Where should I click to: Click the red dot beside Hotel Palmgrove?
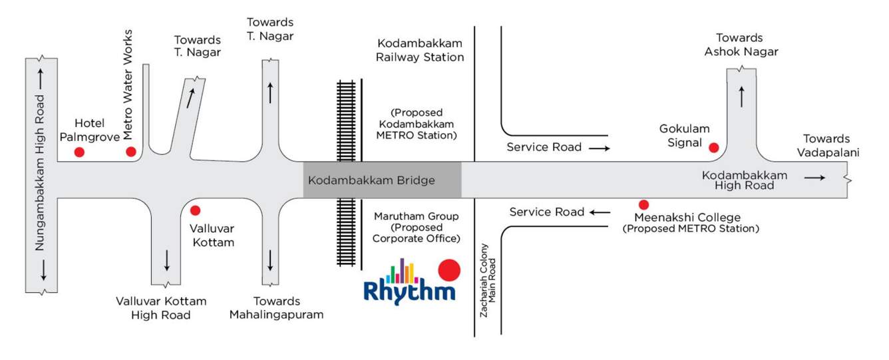79,152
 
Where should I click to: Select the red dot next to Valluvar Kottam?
195,210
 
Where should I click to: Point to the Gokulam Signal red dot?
713,148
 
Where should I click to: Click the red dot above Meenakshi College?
643,205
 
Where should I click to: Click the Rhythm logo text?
410,291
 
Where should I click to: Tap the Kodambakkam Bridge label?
371,180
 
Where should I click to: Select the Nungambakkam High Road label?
40,172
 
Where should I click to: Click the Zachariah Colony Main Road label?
488,280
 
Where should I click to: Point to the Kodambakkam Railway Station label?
419,50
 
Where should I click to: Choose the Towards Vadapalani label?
826,145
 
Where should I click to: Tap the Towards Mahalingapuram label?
276,307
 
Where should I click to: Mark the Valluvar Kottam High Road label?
161,307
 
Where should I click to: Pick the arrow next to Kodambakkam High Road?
814,178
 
